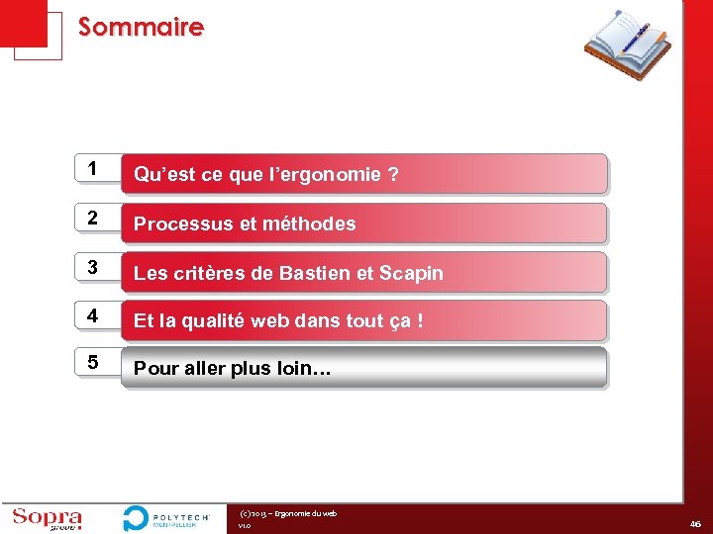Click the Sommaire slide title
141,27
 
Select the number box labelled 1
92,169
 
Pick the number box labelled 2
92,218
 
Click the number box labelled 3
92,267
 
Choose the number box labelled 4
92,315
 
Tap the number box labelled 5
92,363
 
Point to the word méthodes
309,223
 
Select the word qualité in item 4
219,320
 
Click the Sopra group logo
48,518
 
